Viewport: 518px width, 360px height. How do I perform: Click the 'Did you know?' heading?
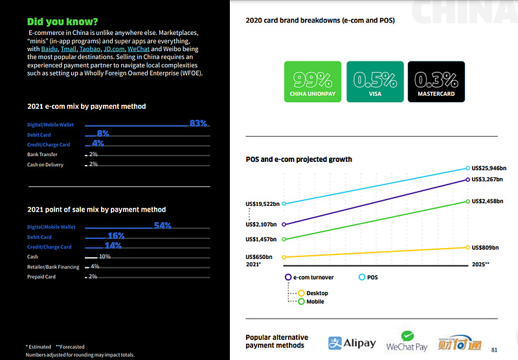(63, 22)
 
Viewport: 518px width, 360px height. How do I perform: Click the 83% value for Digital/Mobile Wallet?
(197, 123)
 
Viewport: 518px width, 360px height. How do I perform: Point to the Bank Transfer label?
(42, 155)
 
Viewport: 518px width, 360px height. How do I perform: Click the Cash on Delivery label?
(45, 164)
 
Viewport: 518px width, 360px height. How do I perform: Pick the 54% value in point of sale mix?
(162, 226)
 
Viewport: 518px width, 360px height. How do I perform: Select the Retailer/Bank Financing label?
(53, 267)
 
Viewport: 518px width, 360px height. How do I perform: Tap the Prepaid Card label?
(41, 276)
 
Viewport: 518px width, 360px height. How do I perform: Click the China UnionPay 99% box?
(313, 82)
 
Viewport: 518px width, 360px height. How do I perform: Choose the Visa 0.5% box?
(374, 82)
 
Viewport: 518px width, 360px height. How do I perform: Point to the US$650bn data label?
(259, 257)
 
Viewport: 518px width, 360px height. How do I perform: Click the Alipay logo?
(352, 343)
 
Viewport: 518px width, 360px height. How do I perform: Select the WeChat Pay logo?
(407, 341)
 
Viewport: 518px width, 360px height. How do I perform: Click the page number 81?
(495, 350)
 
